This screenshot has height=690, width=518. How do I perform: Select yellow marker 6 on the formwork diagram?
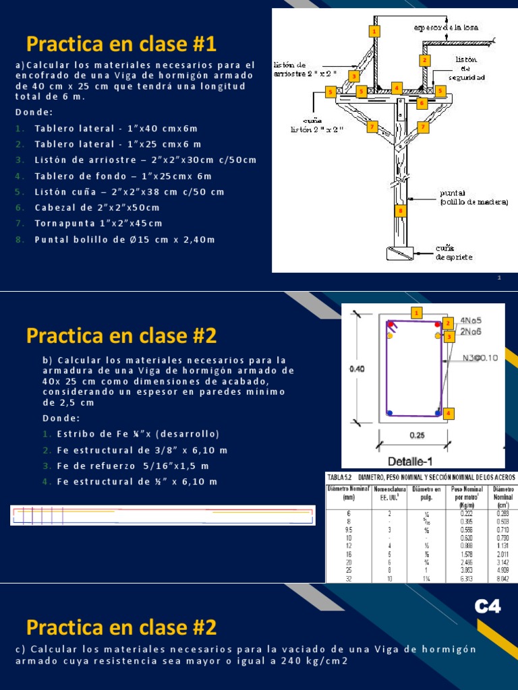(422, 103)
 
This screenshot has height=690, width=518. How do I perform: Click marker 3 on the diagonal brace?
(354, 76)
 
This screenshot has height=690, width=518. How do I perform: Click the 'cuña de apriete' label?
(454, 252)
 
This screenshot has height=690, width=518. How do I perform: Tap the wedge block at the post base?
(401, 253)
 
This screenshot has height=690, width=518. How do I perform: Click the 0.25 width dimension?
(413, 435)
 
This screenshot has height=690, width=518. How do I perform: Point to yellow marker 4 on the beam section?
(447, 413)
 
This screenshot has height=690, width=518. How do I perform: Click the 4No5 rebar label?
(471, 321)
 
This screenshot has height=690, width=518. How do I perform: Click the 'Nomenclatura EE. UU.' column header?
(391, 493)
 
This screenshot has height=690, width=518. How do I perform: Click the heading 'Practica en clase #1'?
(121, 44)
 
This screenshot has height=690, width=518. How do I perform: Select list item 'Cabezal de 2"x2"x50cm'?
(97, 208)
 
